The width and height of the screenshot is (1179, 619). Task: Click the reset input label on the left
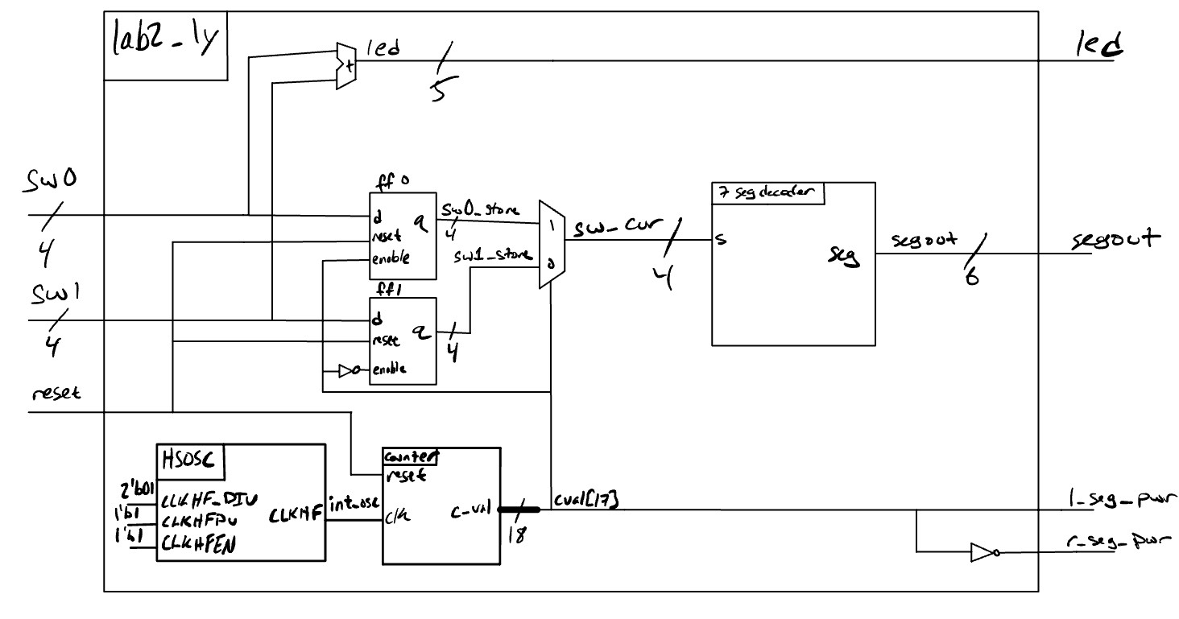pyautogui.click(x=56, y=395)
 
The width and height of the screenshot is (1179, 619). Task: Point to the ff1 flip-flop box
pyautogui.click(x=402, y=340)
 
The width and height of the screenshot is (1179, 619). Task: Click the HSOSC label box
pyautogui.click(x=190, y=461)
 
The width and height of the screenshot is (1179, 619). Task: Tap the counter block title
pyautogui.click(x=410, y=456)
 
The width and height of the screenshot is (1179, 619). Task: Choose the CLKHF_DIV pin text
pyautogui.click(x=209, y=501)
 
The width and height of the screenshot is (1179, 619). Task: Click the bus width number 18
pyautogui.click(x=516, y=534)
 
